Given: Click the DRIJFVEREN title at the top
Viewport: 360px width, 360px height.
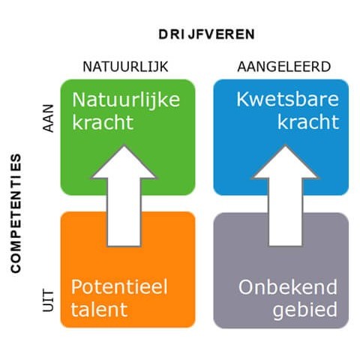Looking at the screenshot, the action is [206, 34].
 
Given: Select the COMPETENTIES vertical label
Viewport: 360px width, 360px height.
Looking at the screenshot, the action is [16, 213].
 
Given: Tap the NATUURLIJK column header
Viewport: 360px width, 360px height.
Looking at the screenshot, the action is [125, 67].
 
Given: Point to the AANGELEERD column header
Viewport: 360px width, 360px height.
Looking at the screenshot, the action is [284, 67].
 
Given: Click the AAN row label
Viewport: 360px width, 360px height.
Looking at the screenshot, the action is [48, 118].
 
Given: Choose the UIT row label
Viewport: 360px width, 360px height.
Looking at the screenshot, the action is [48, 301].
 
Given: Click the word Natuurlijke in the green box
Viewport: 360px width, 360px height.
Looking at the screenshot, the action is [126, 100].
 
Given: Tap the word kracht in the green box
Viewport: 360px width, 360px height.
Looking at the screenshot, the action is [103, 122].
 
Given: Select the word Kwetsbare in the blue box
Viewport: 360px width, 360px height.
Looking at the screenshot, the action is [287, 99].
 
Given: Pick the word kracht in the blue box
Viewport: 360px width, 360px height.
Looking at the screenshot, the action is [308, 121].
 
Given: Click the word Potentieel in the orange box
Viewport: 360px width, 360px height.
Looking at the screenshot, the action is [119, 286].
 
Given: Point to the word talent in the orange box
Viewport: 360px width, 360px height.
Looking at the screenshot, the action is [99, 310].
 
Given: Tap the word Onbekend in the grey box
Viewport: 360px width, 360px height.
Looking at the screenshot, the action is [288, 287].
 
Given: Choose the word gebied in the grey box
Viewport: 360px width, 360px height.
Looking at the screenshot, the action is [305, 310].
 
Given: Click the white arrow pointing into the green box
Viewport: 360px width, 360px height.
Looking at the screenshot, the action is [124, 196].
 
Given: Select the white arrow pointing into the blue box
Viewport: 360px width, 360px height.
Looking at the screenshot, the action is [286, 196].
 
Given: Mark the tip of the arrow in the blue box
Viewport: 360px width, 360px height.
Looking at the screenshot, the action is [286, 145].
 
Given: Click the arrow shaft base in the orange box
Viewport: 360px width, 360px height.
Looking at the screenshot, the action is [124, 247].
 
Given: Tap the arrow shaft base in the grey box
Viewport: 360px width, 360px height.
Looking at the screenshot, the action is [286, 246].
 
